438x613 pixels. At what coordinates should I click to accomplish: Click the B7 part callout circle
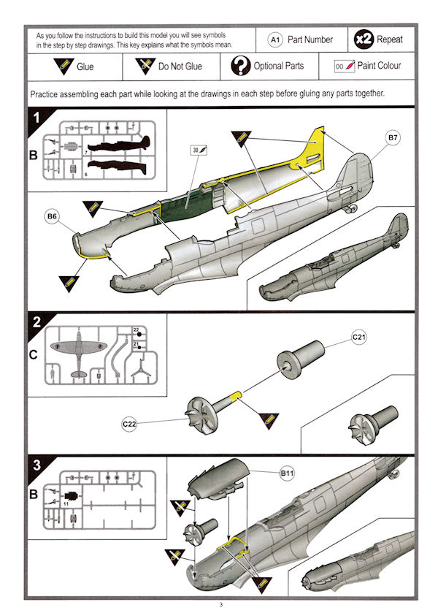click(x=393, y=138)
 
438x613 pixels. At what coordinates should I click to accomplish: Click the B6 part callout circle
click(x=53, y=217)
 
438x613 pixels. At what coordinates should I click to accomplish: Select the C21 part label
click(x=359, y=338)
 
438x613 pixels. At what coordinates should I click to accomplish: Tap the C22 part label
click(x=128, y=422)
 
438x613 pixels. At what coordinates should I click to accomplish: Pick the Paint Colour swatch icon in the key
click(x=344, y=66)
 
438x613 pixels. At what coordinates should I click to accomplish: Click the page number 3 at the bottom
click(x=220, y=604)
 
